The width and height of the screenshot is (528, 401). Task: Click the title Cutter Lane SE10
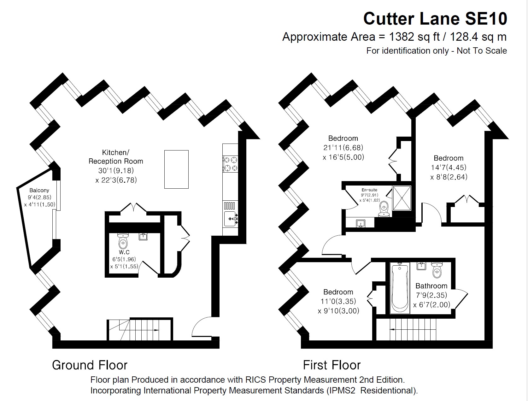point(435,19)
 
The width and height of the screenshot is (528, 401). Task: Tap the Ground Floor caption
point(90,365)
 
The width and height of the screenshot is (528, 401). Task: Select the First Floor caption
point(331,365)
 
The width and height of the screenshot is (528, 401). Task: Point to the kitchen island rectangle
point(176,169)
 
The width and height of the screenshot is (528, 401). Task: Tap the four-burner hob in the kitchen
point(230,164)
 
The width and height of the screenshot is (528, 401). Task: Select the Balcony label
point(39,190)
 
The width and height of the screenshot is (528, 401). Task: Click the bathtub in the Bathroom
point(400,288)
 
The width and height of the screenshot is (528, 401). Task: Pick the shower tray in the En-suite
point(402,198)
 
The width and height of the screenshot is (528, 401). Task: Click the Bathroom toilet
point(437,270)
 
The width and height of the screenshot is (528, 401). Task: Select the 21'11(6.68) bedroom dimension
point(343,148)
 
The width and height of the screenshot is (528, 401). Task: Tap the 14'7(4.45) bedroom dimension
point(449,168)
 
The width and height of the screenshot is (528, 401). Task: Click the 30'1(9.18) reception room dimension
point(116,171)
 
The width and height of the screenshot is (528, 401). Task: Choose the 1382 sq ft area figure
point(414,37)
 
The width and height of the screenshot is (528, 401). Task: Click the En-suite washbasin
point(361,224)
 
